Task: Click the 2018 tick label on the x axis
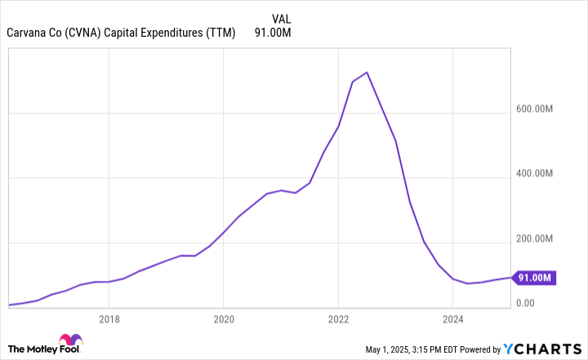coord(109,318)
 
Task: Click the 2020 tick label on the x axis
coord(224,318)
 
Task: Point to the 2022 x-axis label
coord(338,318)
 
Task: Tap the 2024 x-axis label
coord(452,318)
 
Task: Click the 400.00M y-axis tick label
coord(535,175)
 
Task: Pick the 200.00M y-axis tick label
coord(535,239)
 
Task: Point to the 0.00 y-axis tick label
coord(525,304)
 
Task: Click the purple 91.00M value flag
coord(536,278)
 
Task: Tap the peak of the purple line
coord(367,73)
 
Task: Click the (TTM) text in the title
coord(220,33)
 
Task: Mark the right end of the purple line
coord(510,278)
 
